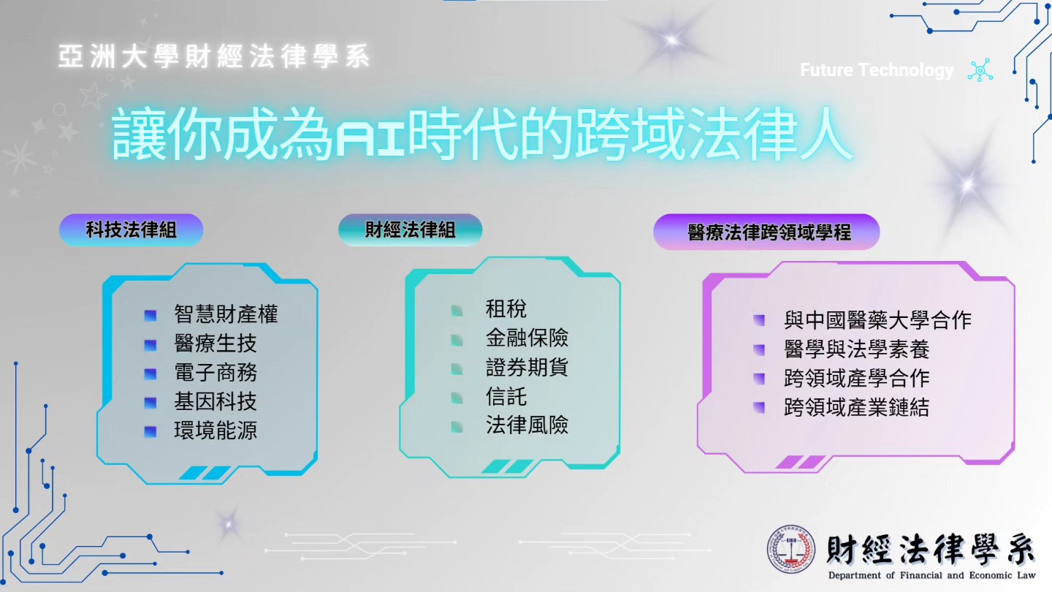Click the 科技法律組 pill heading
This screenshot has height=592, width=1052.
click(x=131, y=229)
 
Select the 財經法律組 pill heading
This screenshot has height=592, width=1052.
click(x=410, y=229)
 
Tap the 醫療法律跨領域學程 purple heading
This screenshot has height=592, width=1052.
click(x=766, y=232)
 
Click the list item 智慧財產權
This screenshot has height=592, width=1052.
click(x=226, y=314)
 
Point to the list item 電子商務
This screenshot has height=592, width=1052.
click(x=216, y=373)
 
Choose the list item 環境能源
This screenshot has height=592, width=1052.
click(x=216, y=430)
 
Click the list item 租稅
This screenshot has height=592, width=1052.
click(x=506, y=308)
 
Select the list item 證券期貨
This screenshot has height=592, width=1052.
click(x=527, y=367)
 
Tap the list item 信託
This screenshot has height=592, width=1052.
click(x=506, y=396)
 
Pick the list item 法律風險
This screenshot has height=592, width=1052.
click(x=527, y=425)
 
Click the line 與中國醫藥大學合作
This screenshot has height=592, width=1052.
click(x=877, y=320)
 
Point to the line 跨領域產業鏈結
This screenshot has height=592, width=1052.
click(x=856, y=407)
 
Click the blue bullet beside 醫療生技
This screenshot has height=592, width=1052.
click(x=150, y=345)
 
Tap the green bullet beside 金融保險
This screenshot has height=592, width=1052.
click(x=457, y=340)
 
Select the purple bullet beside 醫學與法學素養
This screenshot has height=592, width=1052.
click(x=759, y=350)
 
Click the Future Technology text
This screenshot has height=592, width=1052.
click(x=877, y=70)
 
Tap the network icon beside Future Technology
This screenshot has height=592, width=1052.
click(x=980, y=70)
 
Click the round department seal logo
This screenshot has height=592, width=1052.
click(x=791, y=550)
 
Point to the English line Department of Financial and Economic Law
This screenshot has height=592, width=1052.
click(x=931, y=576)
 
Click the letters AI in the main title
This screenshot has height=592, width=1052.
click(x=370, y=140)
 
